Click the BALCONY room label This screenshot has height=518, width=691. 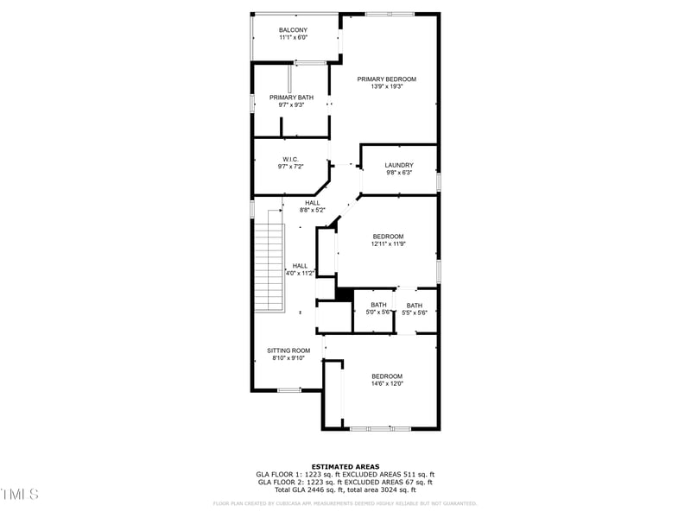click(x=293, y=30)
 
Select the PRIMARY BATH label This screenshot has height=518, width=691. click(x=291, y=98)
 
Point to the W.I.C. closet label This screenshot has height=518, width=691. click(x=290, y=159)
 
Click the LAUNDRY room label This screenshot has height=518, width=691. click(x=399, y=165)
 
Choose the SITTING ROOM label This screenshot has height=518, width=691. click(x=288, y=351)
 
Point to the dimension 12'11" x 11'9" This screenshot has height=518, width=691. click(x=389, y=243)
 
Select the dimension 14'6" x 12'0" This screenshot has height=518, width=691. click(x=387, y=383)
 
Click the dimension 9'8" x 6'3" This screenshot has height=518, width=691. click(x=399, y=173)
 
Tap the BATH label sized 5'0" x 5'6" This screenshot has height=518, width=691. click(x=379, y=305)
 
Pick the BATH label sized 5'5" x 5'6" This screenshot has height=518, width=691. click(x=415, y=305)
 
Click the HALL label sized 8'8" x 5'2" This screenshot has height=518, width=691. click(x=312, y=203)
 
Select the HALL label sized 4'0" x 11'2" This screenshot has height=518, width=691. click(x=300, y=266)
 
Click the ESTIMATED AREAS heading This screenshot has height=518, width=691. click(x=345, y=466)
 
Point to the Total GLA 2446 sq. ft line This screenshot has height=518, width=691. click(x=345, y=490)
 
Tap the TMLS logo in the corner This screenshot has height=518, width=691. click(x=19, y=494)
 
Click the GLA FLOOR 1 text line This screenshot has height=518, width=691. click(x=345, y=474)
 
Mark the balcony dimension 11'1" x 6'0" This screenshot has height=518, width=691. click(x=293, y=38)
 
